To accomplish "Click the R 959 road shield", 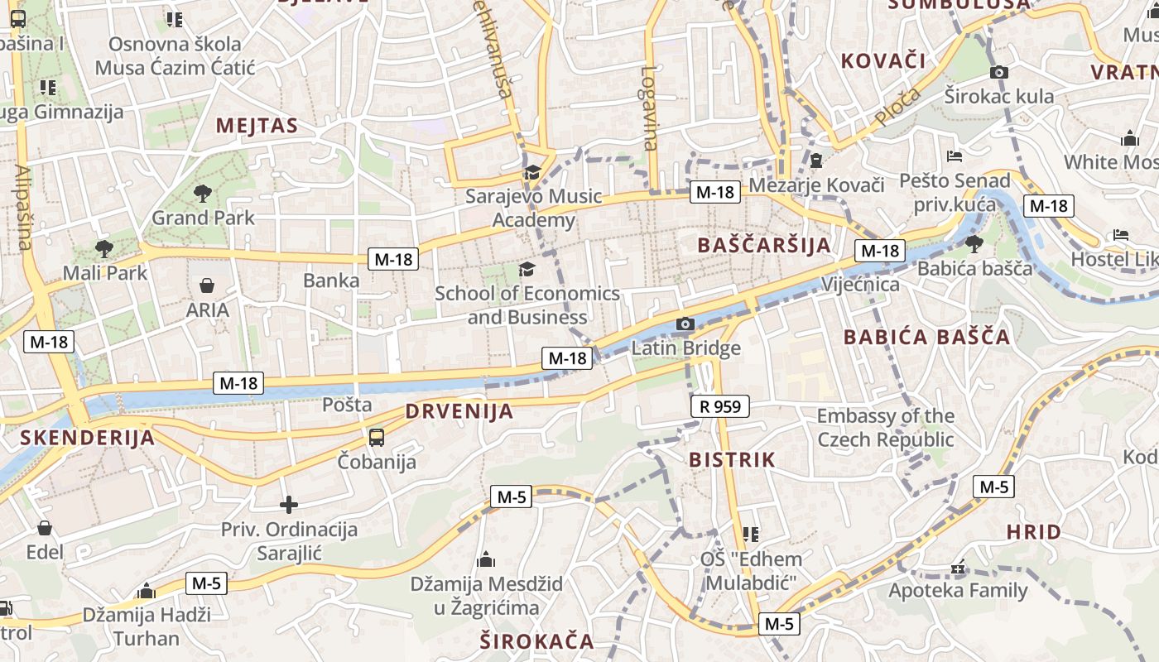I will (x=719, y=406).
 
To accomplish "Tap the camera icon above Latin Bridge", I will (x=685, y=324).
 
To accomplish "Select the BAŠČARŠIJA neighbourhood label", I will (x=763, y=245).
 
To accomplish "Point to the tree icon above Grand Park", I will (x=202, y=194).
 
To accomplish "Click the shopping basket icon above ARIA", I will (x=207, y=285).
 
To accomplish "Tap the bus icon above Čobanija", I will (x=377, y=437).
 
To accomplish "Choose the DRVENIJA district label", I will (x=459, y=411).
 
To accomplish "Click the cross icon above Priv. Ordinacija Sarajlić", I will (x=288, y=504).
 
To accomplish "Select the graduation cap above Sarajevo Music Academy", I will (x=532, y=172).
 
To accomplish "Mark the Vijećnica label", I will (x=860, y=285).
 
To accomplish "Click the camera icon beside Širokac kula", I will (x=999, y=72).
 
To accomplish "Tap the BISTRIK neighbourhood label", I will (x=732, y=459).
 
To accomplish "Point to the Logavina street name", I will (x=650, y=108).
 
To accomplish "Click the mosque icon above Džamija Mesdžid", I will (x=486, y=559).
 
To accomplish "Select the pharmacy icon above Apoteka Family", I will (x=958, y=568).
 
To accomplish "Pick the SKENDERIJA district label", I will (x=87, y=438).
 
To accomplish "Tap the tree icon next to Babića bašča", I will (x=974, y=243).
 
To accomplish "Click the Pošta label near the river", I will (x=347, y=405).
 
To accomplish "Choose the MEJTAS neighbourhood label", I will (x=256, y=126).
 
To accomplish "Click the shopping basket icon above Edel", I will (x=45, y=528).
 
